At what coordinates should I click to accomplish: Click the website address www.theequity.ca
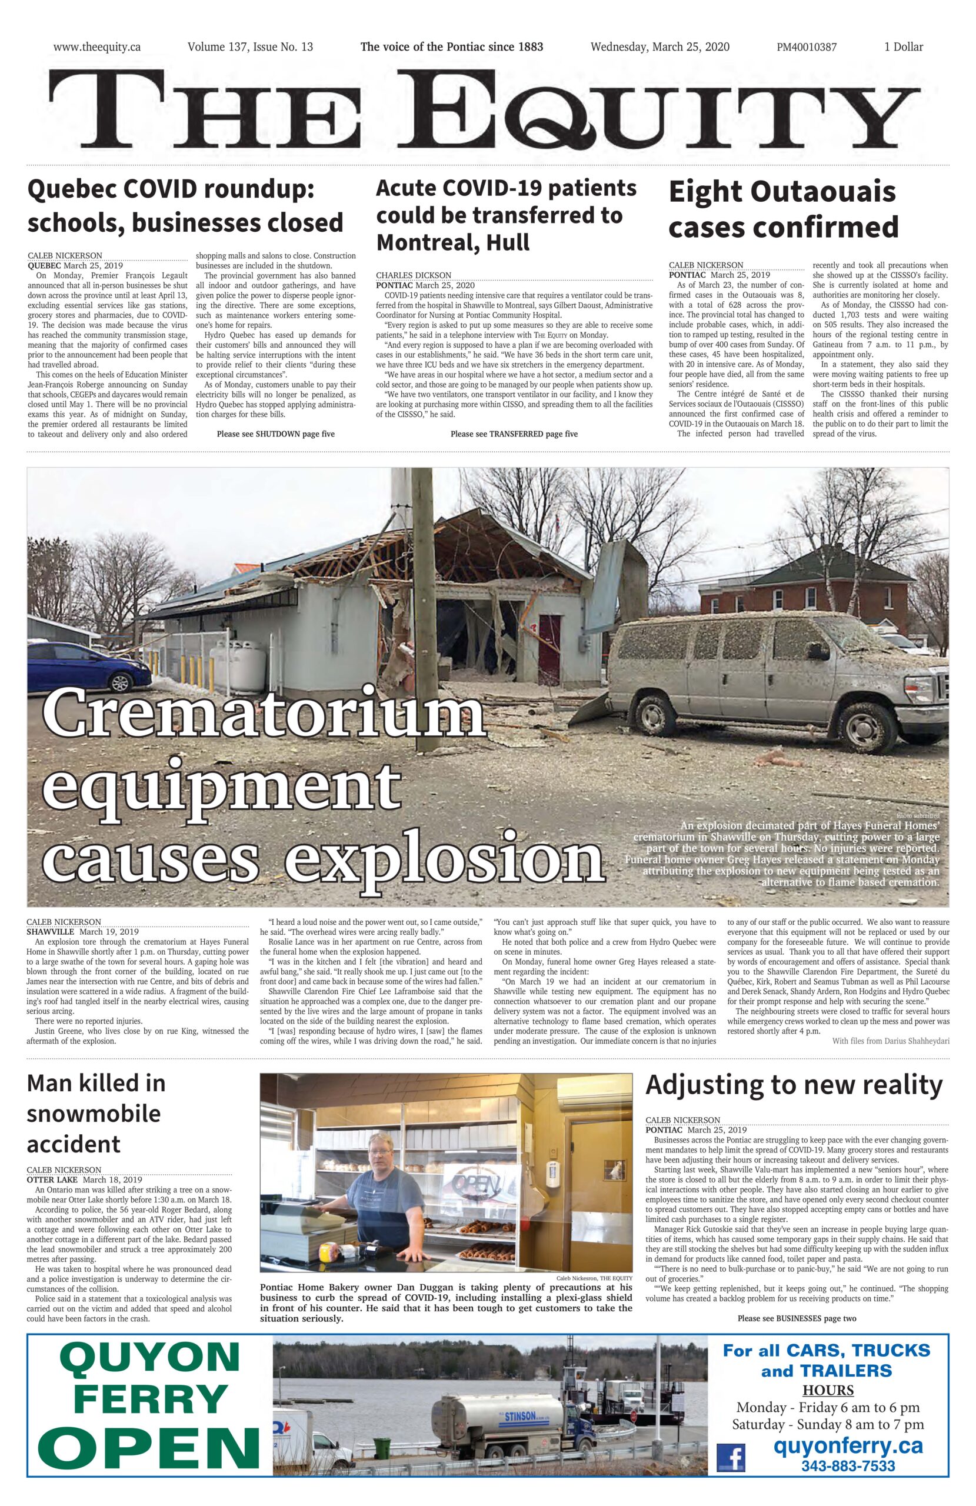[97, 47]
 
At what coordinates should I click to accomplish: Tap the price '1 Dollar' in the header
[903, 47]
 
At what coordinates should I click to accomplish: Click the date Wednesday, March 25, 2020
[659, 47]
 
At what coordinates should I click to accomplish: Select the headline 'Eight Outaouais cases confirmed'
[783, 209]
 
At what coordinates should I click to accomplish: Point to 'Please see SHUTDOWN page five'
[275, 434]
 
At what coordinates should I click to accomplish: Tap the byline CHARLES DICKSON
[414, 275]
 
